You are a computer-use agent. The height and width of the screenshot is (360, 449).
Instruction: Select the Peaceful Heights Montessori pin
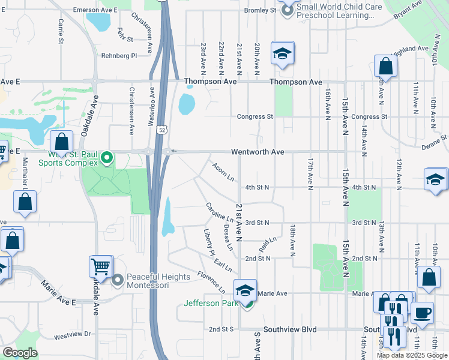point(117,280)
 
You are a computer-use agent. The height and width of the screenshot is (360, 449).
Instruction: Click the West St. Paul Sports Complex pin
point(107,158)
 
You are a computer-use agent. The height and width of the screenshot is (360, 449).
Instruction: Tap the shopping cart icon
point(101,265)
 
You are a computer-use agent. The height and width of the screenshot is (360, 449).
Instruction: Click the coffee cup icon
point(421,312)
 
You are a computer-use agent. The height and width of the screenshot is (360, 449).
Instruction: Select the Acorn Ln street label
point(223,171)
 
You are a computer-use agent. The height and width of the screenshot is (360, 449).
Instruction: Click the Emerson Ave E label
point(95,10)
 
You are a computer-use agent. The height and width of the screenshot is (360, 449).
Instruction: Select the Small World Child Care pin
point(287,10)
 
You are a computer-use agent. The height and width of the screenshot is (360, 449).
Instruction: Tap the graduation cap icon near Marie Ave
point(245,290)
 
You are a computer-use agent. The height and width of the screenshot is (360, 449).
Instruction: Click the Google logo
point(19,353)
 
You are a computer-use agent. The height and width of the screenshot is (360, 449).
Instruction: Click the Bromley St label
point(260,10)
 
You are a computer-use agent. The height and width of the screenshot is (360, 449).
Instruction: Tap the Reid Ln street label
point(268,244)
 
